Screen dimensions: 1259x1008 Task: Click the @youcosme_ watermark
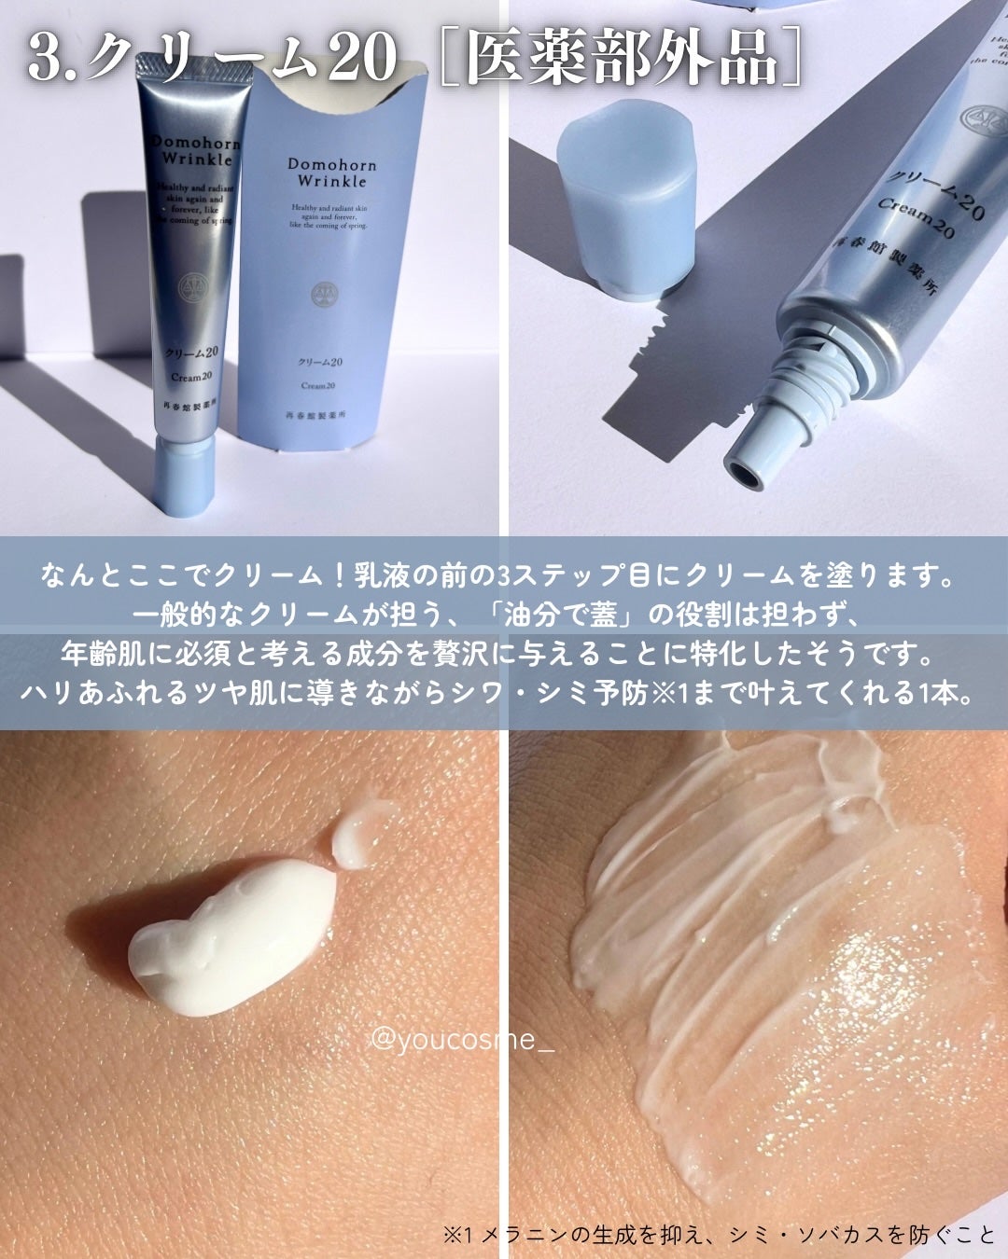462,1038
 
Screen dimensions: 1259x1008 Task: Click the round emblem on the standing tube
193,283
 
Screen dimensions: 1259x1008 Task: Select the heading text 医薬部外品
621,58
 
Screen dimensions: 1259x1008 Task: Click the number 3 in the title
44,58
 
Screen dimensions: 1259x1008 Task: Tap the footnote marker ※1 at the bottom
460,1235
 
